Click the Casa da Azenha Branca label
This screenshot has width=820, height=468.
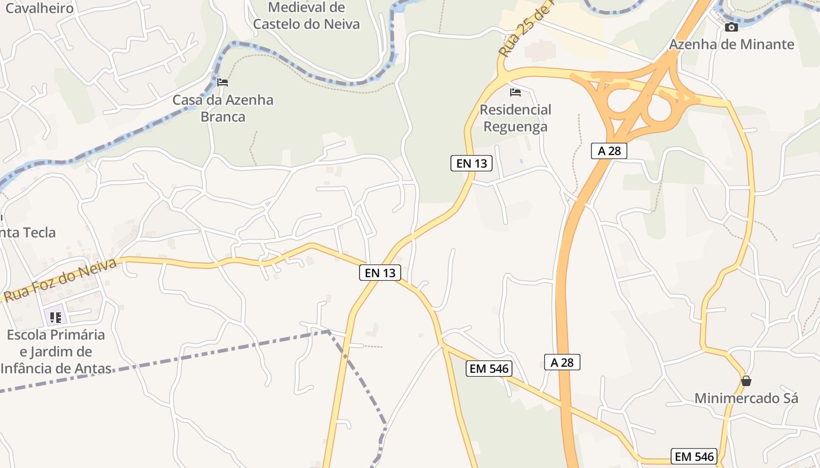coord(223,108)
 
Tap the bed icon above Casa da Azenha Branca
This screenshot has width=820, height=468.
coord(223,82)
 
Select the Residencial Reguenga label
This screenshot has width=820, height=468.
coord(515,118)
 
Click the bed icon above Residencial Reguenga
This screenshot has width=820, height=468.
coord(515,92)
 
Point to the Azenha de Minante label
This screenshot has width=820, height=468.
coord(732,44)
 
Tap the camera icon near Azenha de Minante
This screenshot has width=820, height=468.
coord(731,27)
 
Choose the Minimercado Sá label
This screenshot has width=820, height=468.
coord(746,398)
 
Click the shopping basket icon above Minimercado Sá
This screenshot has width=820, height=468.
coord(746,381)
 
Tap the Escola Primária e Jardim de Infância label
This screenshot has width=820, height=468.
coord(56,352)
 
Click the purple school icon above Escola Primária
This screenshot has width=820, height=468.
coord(56,317)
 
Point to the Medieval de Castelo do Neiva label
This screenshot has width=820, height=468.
coord(306,16)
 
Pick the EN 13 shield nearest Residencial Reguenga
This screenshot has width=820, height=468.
coord(471,163)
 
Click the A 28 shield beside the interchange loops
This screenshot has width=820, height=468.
coord(609,151)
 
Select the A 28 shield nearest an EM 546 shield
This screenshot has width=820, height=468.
coord(562,362)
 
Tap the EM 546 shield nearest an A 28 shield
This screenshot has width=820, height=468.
coord(489,369)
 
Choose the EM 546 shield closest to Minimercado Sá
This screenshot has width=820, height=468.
coord(695,457)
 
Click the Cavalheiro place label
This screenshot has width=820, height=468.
coord(39,8)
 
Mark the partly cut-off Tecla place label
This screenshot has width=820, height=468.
coord(28,232)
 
